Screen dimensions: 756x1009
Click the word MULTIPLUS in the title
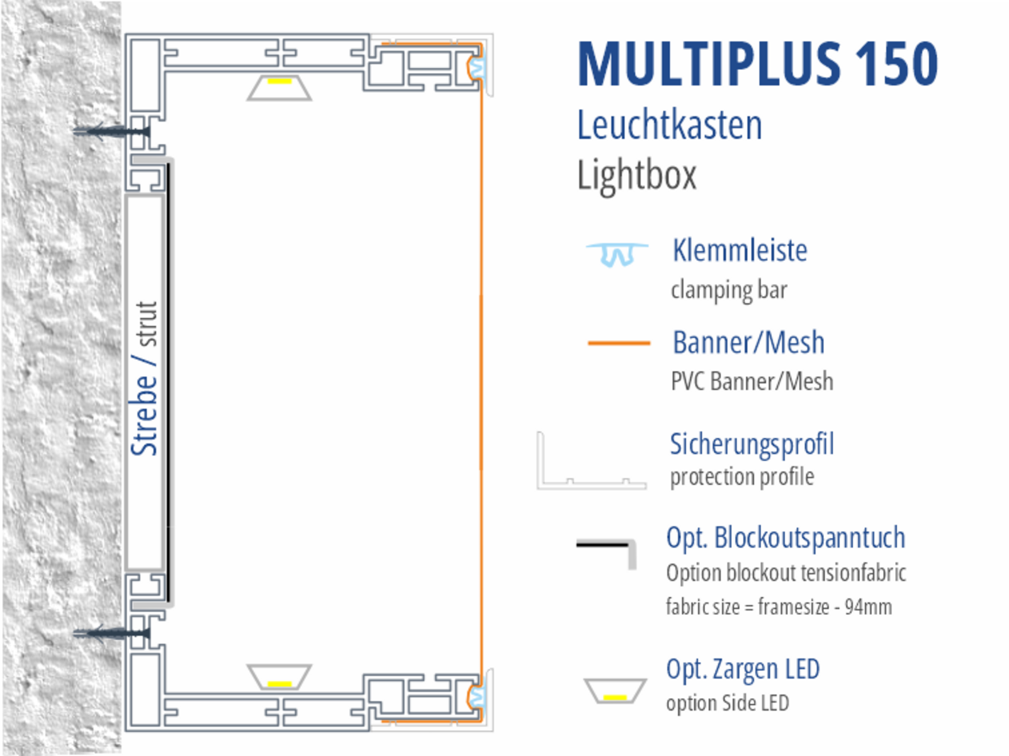point(709,64)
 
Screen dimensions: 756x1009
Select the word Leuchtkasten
point(669,125)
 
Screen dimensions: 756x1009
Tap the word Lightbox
point(636,175)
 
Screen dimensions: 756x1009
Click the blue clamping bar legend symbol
point(616,253)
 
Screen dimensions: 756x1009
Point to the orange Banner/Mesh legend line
point(618,343)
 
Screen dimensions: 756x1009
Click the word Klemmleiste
point(740,251)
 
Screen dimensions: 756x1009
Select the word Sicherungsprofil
point(752,444)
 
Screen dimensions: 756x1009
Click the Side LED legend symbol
point(614,691)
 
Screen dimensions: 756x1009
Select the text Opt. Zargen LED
point(743,669)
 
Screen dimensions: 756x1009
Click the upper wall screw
point(110,132)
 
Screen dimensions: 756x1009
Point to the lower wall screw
point(110,632)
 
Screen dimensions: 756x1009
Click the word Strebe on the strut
point(144,415)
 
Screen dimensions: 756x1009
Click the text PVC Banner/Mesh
point(752,382)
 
